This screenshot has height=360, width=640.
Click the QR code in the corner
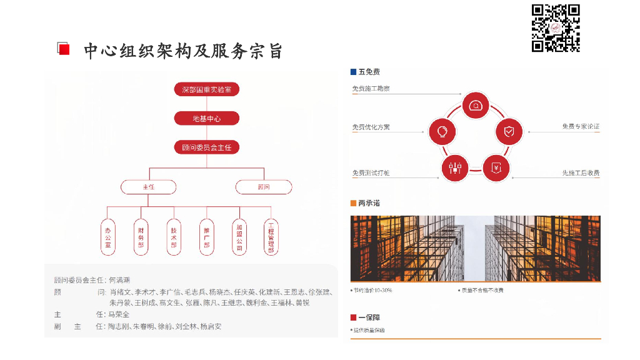click(x=556, y=28)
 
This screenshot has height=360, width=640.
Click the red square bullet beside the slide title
click(x=63, y=49)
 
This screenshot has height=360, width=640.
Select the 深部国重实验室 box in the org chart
click(x=206, y=89)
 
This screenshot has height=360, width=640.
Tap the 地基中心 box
click(x=206, y=119)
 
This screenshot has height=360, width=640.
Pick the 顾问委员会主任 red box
click(x=206, y=148)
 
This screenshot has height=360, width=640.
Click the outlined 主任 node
click(x=148, y=187)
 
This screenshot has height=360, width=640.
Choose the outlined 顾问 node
click(x=264, y=187)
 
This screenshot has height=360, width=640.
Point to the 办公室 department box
click(x=108, y=237)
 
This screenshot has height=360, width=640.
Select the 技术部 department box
click(x=173, y=237)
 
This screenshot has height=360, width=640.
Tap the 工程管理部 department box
click(x=271, y=237)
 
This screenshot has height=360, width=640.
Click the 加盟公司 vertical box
click(x=239, y=237)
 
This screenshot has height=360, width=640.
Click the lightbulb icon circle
click(x=442, y=131)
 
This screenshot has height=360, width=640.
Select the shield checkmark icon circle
click(x=509, y=131)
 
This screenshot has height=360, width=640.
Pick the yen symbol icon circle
click(x=496, y=167)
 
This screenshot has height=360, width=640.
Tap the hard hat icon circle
click(x=476, y=106)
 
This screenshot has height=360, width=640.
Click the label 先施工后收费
click(x=581, y=173)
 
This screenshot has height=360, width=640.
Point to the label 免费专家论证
click(x=581, y=127)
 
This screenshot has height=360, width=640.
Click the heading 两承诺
click(x=369, y=203)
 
